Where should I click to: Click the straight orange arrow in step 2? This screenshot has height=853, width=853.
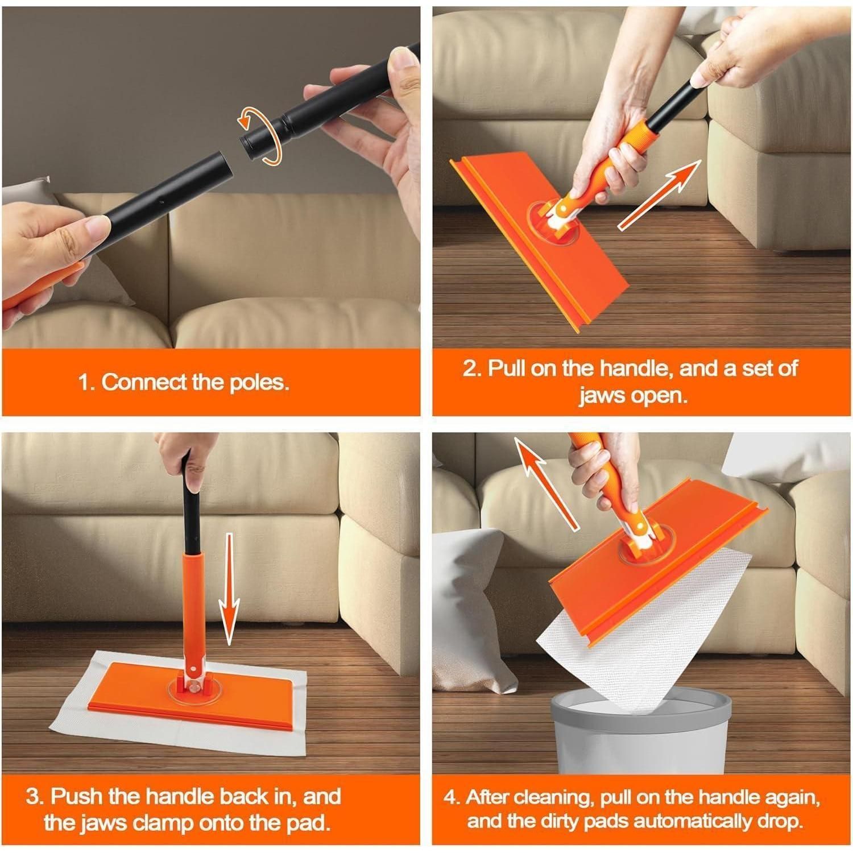point(660,195)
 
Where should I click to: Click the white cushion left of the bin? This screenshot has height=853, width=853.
point(475,614)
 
